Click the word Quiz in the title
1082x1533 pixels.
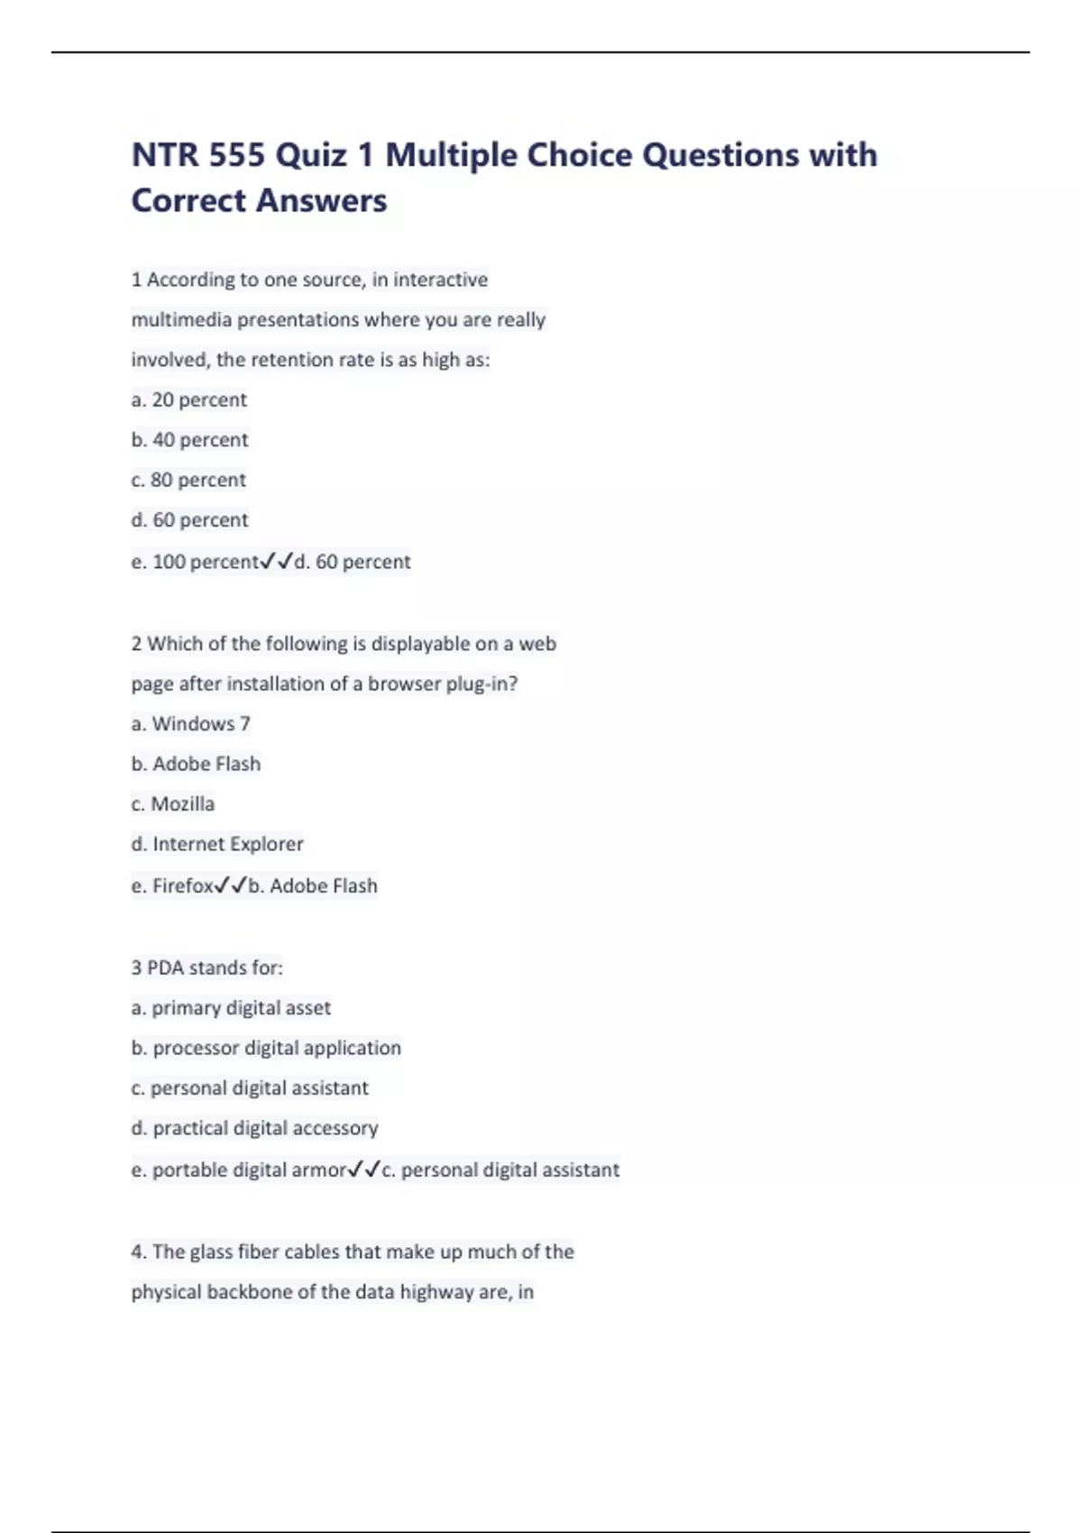pyautogui.click(x=311, y=155)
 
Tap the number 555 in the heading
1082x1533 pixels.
pyautogui.click(x=237, y=155)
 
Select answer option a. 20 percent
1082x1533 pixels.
pyautogui.click(x=189, y=399)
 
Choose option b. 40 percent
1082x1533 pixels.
pyautogui.click(x=189, y=440)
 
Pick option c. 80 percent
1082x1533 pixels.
pyautogui.click(x=188, y=480)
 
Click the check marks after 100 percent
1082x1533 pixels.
pyautogui.click(x=277, y=562)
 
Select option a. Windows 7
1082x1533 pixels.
pyautogui.click(x=191, y=724)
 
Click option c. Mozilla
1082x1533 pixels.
pyautogui.click(x=173, y=804)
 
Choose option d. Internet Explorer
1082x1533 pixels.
pyautogui.click(x=217, y=844)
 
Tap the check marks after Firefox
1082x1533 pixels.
pyautogui.click(x=231, y=886)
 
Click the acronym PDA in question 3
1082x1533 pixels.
pyautogui.click(x=165, y=968)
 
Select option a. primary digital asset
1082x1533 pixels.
pyautogui.click(x=231, y=1008)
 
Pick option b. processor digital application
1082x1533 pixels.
pyautogui.click(x=266, y=1048)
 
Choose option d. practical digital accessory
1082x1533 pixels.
pyautogui.click(x=255, y=1128)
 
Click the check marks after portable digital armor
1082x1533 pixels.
pyautogui.click(x=364, y=1170)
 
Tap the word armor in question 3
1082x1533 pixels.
pyautogui.click(x=320, y=1170)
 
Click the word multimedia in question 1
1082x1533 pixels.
pyautogui.click(x=181, y=320)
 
